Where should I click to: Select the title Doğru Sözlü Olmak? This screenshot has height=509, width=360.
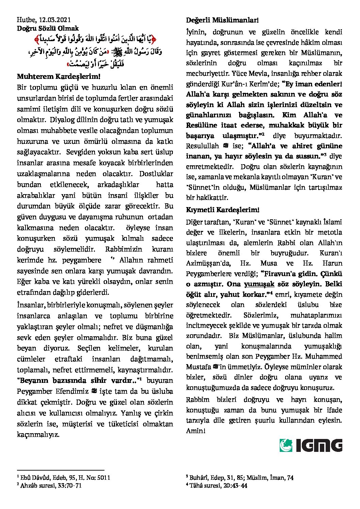tap(48, 28)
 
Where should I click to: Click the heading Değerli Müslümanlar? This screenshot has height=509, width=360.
tap(222, 20)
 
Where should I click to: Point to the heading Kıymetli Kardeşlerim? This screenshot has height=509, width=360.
tap(223, 209)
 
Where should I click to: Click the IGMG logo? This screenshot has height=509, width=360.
tap(311, 445)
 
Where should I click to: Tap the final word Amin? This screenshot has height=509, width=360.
tap(196, 430)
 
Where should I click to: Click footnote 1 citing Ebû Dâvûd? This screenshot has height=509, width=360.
tap(64, 478)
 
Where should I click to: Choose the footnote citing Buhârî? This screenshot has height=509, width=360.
tap(239, 478)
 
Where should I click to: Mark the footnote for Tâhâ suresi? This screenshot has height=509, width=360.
tap(216, 486)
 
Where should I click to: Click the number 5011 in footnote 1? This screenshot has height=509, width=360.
tap(103, 478)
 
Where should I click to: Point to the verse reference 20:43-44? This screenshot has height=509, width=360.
tap(235, 486)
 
